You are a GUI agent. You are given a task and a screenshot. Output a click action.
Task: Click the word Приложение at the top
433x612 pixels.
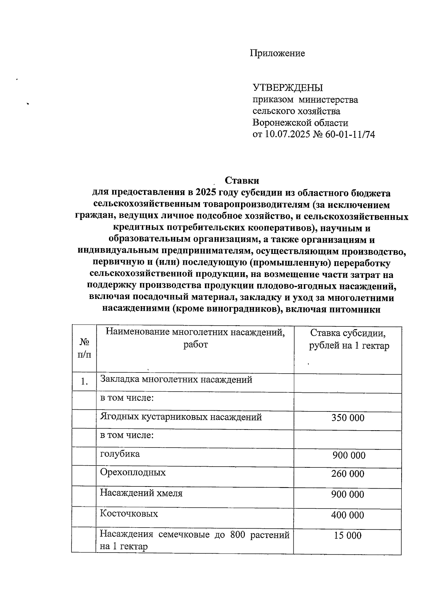pyautogui.click(x=277, y=53)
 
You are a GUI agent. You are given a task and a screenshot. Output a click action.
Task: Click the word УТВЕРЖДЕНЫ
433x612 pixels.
pyautogui.click(x=288, y=88)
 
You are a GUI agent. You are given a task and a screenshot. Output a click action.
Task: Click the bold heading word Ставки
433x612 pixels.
pyautogui.click(x=242, y=180)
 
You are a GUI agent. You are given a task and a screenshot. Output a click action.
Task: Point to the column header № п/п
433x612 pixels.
pyautogui.click(x=84, y=348)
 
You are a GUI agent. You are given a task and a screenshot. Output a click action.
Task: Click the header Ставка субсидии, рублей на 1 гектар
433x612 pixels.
pyautogui.click(x=349, y=339)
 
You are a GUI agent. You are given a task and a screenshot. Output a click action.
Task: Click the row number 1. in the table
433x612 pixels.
pyautogui.click(x=84, y=381)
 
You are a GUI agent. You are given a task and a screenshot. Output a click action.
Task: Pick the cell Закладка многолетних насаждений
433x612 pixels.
pyautogui.click(x=176, y=379)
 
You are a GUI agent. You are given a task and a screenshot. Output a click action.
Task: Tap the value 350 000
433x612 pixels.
pyautogui.click(x=348, y=418)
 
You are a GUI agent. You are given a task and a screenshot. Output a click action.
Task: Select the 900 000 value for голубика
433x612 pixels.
pyautogui.click(x=349, y=455)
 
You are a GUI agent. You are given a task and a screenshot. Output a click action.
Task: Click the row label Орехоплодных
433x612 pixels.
pyautogui.click(x=133, y=472)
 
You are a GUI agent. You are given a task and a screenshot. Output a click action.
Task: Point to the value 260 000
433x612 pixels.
pyautogui.click(x=348, y=474)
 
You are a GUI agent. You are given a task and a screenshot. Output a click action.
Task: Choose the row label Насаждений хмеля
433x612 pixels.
pyautogui.click(x=141, y=493)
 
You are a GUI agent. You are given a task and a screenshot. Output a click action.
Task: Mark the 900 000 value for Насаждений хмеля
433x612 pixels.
pyautogui.click(x=348, y=494)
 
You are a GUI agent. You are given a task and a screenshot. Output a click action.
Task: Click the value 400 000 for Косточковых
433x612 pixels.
pyautogui.click(x=348, y=515)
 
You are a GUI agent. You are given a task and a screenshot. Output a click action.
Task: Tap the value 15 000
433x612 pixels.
pyautogui.click(x=347, y=536)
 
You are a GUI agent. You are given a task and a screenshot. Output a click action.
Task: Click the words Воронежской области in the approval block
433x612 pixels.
pyautogui.click(x=300, y=123)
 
